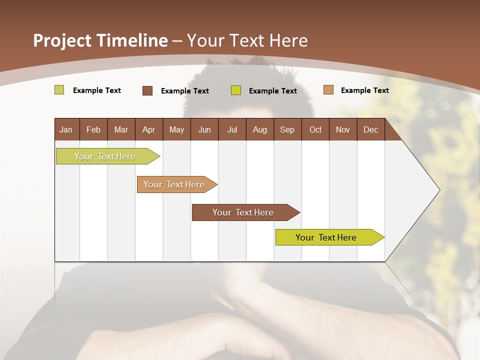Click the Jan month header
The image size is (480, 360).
coord(66,129)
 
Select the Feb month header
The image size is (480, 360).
coord(93,129)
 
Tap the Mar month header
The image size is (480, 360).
coord(121,129)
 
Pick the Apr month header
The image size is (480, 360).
coord(148,129)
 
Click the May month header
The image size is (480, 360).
coord(176,129)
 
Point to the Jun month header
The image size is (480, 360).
coord(204,129)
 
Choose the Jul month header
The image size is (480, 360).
coord(232,129)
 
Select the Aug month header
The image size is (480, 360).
coord(259,129)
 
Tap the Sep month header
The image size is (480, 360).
coord(287,129)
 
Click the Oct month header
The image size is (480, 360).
coord(315,129)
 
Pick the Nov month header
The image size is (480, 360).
coord(343,129)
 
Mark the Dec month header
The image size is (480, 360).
coord(370,129)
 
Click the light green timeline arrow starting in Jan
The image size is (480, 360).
coord(105,156)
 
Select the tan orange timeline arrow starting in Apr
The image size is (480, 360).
coord(174,184)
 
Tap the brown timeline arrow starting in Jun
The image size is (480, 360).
coord(243,212)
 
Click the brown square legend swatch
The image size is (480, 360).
coord(147,90)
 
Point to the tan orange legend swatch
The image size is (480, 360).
coord(328,90)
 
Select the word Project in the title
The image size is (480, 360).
coord(62,40)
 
